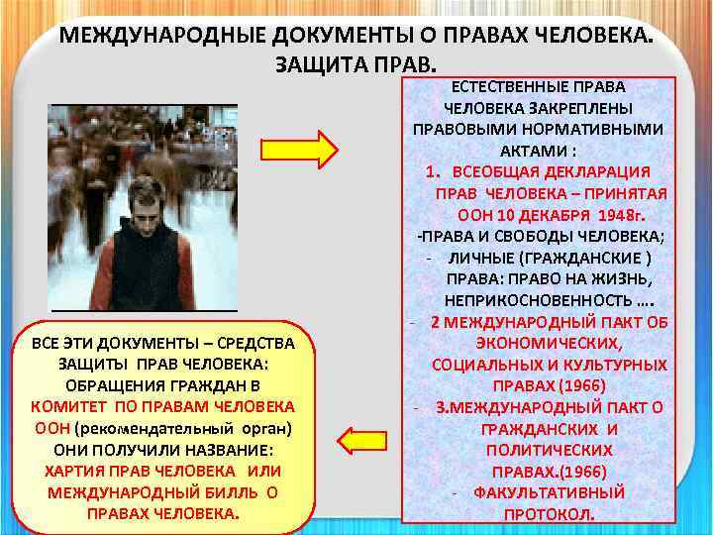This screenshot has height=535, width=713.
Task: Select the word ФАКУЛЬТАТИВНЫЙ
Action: click(549, 492)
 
